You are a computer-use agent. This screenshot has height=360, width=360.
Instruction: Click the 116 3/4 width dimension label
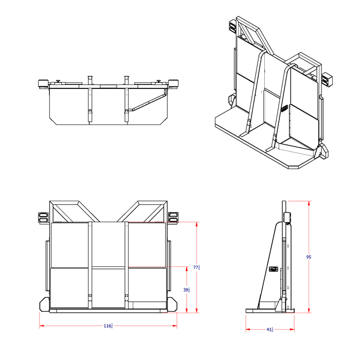(109, 326)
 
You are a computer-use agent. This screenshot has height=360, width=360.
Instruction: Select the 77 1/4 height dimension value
(196, 267)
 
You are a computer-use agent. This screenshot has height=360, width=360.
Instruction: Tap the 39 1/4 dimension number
(186, 290)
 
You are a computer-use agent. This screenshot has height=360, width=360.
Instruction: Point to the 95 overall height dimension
(309, 257)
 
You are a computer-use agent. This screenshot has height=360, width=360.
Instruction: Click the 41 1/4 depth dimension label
(269, 330)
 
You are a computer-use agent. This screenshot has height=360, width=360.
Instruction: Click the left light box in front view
(43, 218)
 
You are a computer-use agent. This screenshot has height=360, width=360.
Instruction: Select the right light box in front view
(173, 218)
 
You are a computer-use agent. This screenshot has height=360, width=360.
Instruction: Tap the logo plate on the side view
(273, 268)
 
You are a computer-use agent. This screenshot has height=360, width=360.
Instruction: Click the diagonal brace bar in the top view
(146, 102)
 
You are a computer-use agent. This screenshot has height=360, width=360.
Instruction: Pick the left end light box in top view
(43, 83)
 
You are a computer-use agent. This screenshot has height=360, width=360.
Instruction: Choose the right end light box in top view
(173, 83)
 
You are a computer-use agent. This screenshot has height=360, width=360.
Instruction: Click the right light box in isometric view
(326, 79)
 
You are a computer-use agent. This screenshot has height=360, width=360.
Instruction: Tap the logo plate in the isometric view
(284, 109)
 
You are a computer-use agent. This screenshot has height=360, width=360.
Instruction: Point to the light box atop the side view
(287, 217)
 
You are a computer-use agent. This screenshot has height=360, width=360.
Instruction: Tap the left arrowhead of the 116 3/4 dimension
(42, 326)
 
